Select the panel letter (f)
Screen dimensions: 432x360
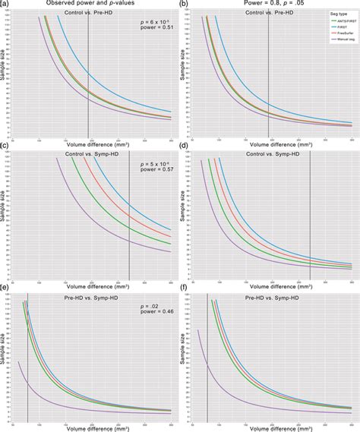pyautogui.click(x=185, y=289)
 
